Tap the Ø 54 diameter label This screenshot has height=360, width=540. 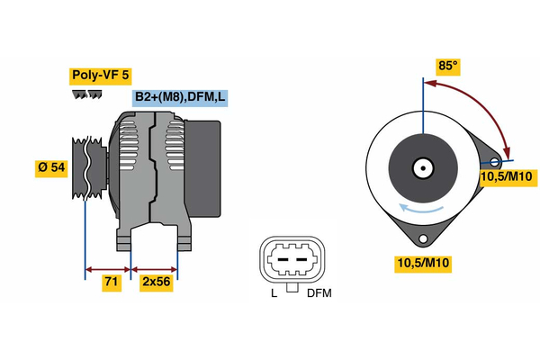click(x=50, y=168)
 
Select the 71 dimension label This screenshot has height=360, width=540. click(x=112, y=282)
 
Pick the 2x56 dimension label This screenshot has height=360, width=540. click(x=157, y=282)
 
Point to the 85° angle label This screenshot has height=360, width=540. click(x=447, y=65)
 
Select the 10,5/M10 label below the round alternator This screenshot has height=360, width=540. click(x=423, y=263)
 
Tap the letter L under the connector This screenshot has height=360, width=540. click(x=274, y=293)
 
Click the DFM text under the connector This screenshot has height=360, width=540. click(x=319, y=293)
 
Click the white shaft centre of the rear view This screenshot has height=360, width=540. click(x=421, y=168)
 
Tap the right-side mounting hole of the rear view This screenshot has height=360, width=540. click(x=494, y=161)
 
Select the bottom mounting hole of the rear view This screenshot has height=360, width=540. click(x=422, y=238)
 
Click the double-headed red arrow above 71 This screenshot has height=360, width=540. click(x=108, y=268)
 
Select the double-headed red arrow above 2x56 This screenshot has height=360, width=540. click(x=155, y=268)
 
